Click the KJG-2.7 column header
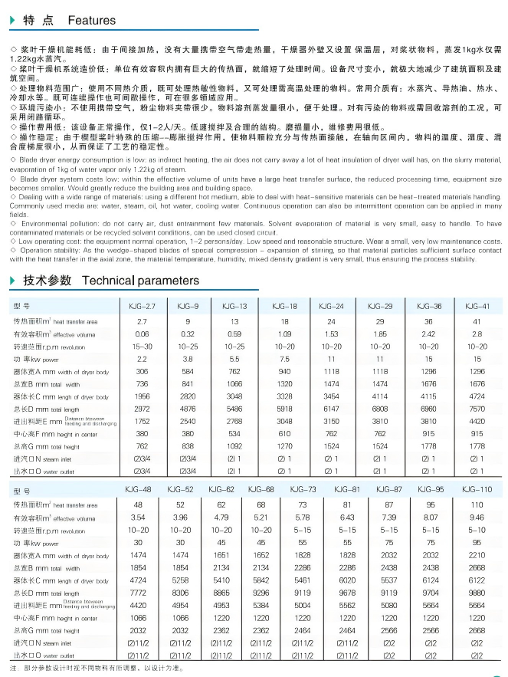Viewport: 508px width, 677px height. (x=143, y=306)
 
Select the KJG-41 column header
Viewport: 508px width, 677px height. (x=477, y=306)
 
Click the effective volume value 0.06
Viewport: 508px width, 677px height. (x=143, y=334)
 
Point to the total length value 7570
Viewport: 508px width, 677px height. (x=477, y=410)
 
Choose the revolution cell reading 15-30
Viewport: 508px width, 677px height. (x=143, y=347)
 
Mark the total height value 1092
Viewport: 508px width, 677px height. (x=234, y=446)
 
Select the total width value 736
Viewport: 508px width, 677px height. (x=143, y=383)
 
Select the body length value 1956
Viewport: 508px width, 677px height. (x=143, y=396)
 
